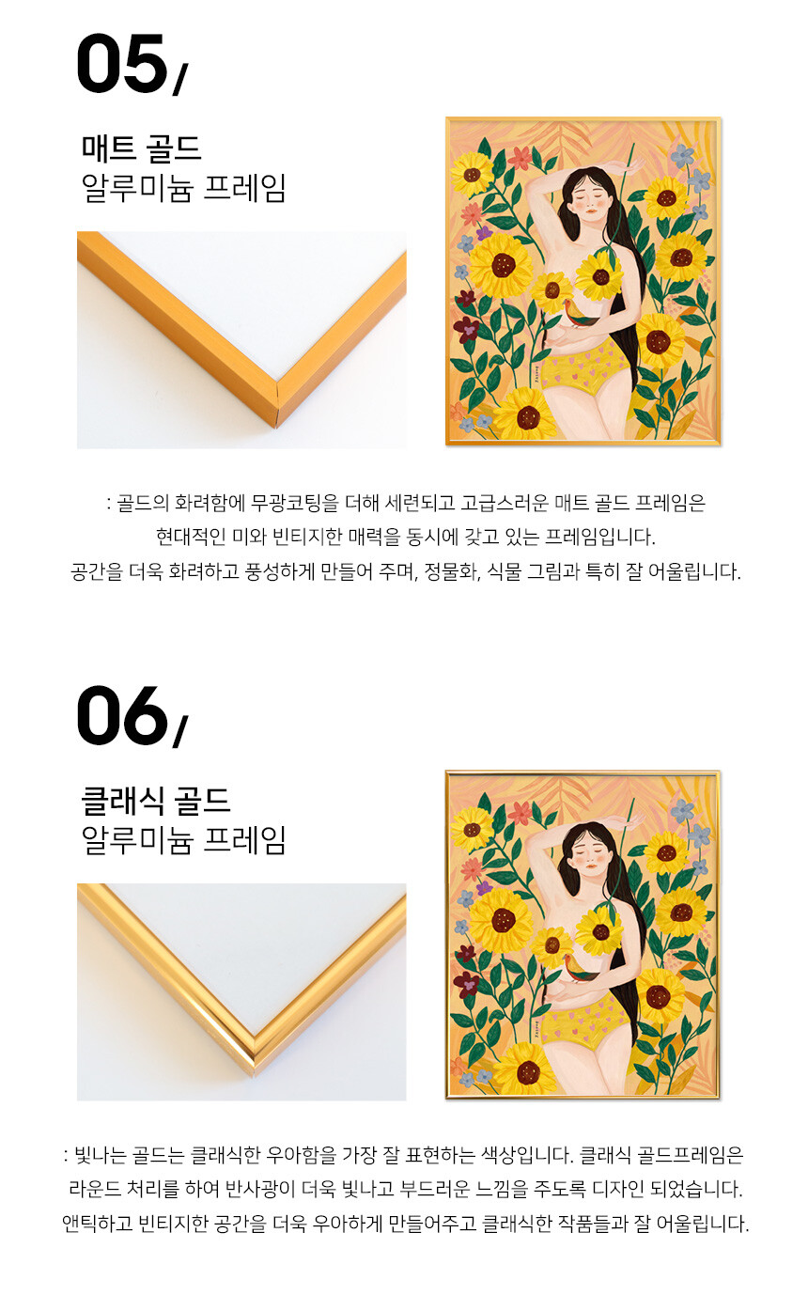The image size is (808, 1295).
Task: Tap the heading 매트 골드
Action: click(141, 148)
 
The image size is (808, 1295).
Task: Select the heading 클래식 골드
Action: click(155, 800)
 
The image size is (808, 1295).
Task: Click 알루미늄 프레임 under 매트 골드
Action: click(184, 187)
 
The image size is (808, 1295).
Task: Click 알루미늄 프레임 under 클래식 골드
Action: click(184, 839)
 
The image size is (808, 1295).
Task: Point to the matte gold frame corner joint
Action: click(276, 405)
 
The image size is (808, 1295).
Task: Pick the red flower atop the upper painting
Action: click(521, 157)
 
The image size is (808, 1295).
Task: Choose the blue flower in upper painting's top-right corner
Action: click(682, 156)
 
